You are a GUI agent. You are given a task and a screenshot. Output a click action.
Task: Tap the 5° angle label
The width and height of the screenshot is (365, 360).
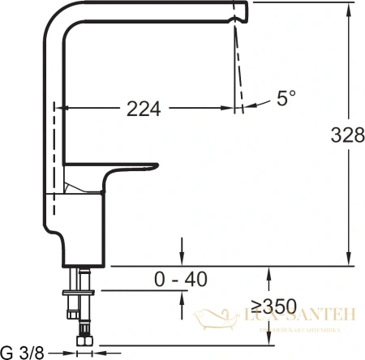[286, 99]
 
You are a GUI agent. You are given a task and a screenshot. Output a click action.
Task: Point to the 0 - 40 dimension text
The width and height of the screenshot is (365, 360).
[181, 280]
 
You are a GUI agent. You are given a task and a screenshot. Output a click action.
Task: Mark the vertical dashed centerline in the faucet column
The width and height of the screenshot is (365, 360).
[55, 162]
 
